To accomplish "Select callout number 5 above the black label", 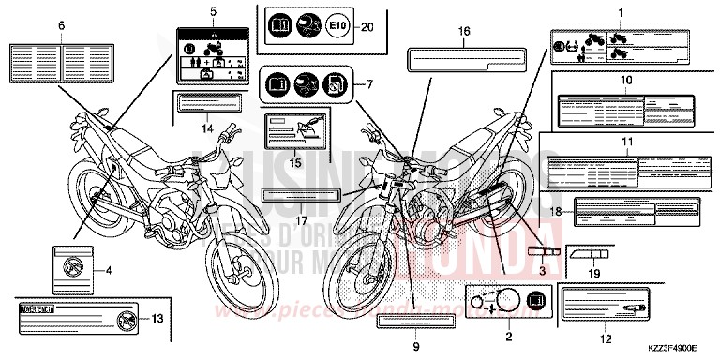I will [213, 11].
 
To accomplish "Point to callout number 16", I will [464, 32].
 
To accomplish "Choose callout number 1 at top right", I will [620, 11].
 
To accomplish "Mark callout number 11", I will [627, 142].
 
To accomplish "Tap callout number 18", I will [556, 212].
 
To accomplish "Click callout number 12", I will [606, 338].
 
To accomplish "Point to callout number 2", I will [508, 336].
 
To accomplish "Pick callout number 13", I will [157, 319].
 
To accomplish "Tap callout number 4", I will [109, 271].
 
